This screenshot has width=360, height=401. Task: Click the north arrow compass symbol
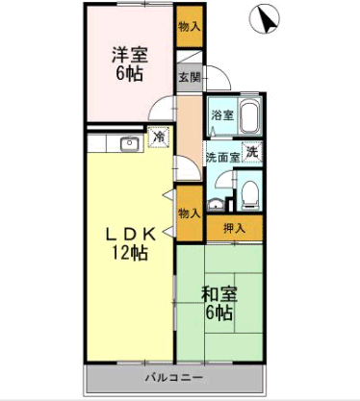(265, 19)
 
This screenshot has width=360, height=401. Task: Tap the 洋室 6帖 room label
(130, 64)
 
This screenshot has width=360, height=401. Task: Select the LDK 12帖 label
(130, 244)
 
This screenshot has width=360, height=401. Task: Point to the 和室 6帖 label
(219, 304)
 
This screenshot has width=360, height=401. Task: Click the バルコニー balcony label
(174, 377)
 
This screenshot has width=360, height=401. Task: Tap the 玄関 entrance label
(190, 77)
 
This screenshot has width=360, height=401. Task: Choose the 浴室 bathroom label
(222, 115)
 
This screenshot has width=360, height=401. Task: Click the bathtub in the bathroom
(250, 115)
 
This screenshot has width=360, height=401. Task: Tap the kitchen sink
(130, 143)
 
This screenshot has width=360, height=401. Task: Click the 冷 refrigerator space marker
(158, 138)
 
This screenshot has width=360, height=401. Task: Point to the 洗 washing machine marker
(252, 152)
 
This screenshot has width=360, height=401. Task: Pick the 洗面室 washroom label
(223, 157)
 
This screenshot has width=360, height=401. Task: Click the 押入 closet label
(234, 228)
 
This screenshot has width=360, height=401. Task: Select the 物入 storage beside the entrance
(190, 27)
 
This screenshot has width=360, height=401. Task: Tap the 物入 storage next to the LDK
(190, 213)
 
